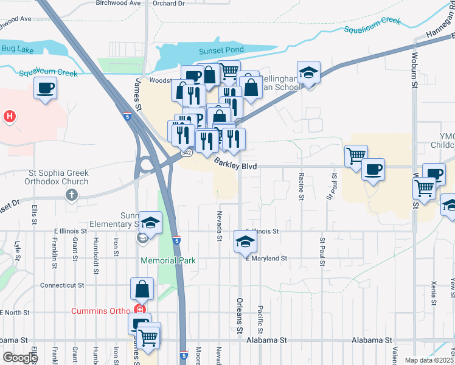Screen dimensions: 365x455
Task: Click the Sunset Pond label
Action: point(221,50)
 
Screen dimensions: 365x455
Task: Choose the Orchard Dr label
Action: point(168,4)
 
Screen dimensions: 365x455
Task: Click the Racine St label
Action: point(301,186)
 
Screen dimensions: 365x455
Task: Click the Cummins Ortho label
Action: point(100,311)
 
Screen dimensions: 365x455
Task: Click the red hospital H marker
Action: point(9,116)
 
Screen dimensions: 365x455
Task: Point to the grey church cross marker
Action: point(72,195)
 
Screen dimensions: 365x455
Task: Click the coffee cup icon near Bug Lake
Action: point(46,89)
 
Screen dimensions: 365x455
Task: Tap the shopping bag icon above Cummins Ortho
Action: point(142,288)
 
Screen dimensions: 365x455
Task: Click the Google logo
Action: point(21,357)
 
